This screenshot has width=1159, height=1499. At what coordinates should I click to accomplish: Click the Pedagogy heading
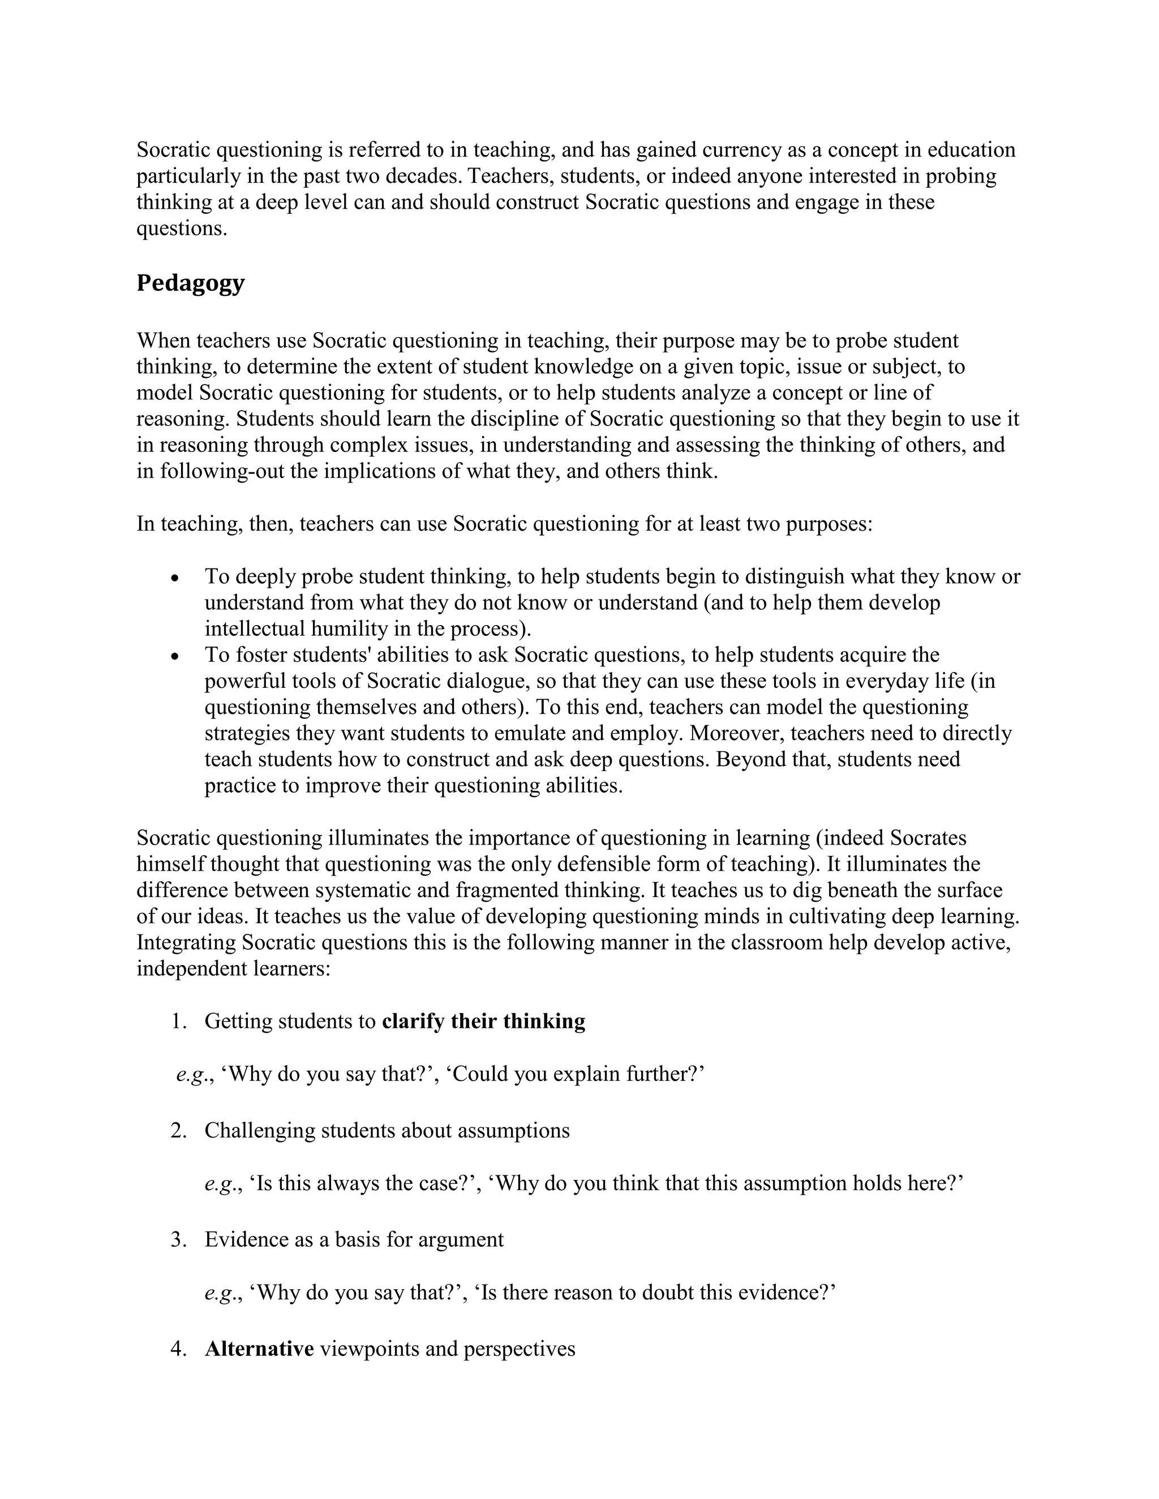(190, 283)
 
